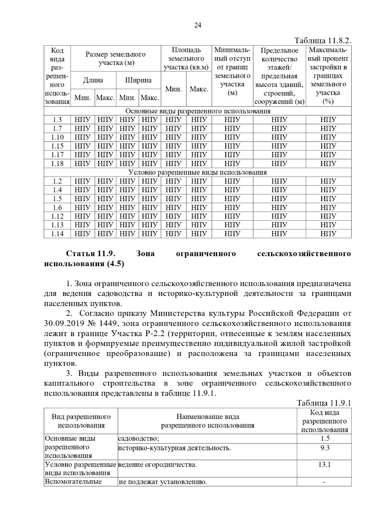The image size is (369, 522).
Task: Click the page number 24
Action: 197,26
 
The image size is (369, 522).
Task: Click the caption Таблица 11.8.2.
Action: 323,41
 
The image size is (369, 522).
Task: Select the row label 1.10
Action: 58,137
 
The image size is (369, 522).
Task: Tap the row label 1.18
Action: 58,164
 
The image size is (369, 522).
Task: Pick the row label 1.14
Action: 58,234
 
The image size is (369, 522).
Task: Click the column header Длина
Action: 93,80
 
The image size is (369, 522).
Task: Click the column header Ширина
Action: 138,80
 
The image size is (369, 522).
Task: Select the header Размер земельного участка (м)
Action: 115,58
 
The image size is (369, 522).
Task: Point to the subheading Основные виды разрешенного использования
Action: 198,111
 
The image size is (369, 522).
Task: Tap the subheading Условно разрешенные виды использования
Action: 197,172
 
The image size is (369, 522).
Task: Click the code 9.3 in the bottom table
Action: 325,448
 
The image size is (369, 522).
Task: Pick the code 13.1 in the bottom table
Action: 324,465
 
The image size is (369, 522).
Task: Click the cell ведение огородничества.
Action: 157,465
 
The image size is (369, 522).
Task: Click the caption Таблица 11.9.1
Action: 324,403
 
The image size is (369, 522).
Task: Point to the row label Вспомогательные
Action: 73,481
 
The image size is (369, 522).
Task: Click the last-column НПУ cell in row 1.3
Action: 328,120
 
